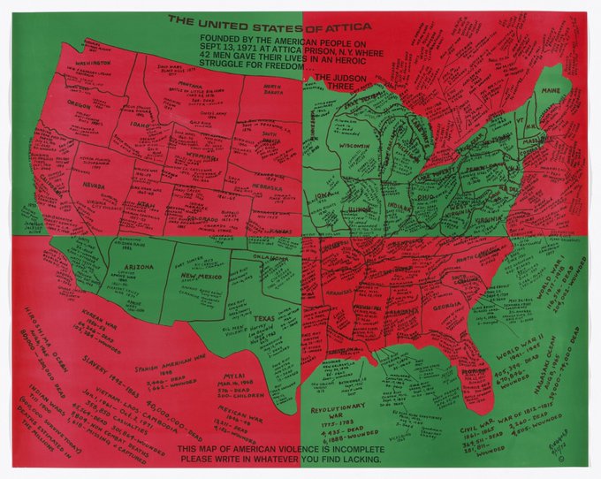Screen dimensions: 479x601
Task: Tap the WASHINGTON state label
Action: pyautogui.click(x=93, y=64)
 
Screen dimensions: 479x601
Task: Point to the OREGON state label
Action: pyautogui.click(x=81, y=103)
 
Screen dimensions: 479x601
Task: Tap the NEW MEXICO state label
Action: pyautogui.click(x=200, y=277)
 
